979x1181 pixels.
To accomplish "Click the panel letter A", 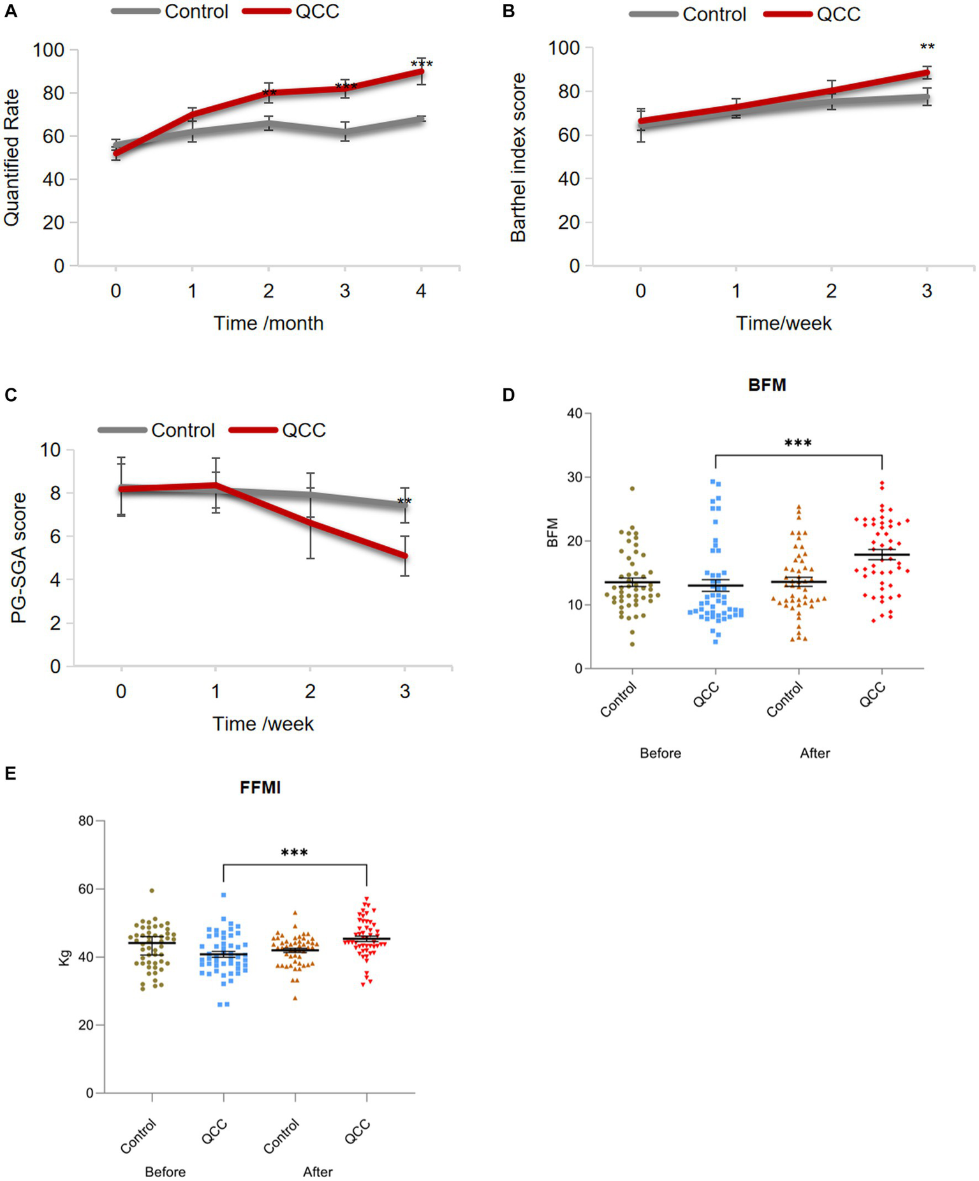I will tap(11, 11).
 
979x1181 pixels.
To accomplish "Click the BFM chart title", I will tap(767, 385).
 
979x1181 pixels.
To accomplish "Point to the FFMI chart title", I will tap(260, 788).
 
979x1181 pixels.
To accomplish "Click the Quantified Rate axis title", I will tap(12, 158).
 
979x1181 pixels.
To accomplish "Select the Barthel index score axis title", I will tap(519, 158).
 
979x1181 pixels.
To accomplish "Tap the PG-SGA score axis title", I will tap(19, 558).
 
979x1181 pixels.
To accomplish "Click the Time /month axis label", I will tap(269, 323).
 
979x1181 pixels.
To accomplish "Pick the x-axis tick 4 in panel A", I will tap(421, 291).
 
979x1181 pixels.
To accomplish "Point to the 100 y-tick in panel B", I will tap(564, 48).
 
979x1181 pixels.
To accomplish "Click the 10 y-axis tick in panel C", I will tap(50, 450).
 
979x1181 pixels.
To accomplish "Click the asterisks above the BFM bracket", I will tap(798, 443).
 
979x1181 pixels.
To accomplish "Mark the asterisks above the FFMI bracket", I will tap(294, 853).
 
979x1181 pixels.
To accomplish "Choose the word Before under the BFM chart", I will tap(660, 753).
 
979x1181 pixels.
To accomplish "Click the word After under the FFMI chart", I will tap(318, 1172).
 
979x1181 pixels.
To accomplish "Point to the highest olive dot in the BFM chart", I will tap(632, 488).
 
